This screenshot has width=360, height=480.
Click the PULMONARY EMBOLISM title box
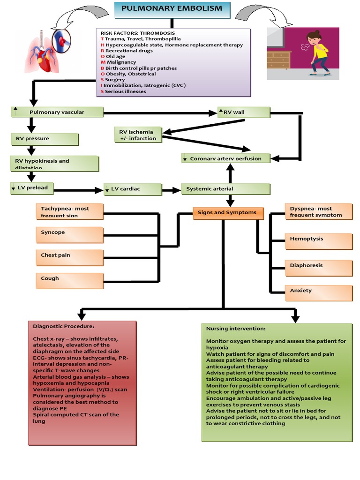pos(172,9)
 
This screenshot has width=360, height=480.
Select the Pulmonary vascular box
pos(57,112)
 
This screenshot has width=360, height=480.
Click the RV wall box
pos(244,112)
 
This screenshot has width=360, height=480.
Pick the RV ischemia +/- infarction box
pos(139,135)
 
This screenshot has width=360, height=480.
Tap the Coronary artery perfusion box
pos(225,158)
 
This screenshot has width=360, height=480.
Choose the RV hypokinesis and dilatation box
pos(54,164)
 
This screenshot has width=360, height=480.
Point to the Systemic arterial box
pos(225,189)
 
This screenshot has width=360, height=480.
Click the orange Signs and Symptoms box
pos(228,213)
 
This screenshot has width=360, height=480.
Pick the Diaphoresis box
pos(318,267)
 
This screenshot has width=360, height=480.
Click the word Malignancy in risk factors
pos(121,62)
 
